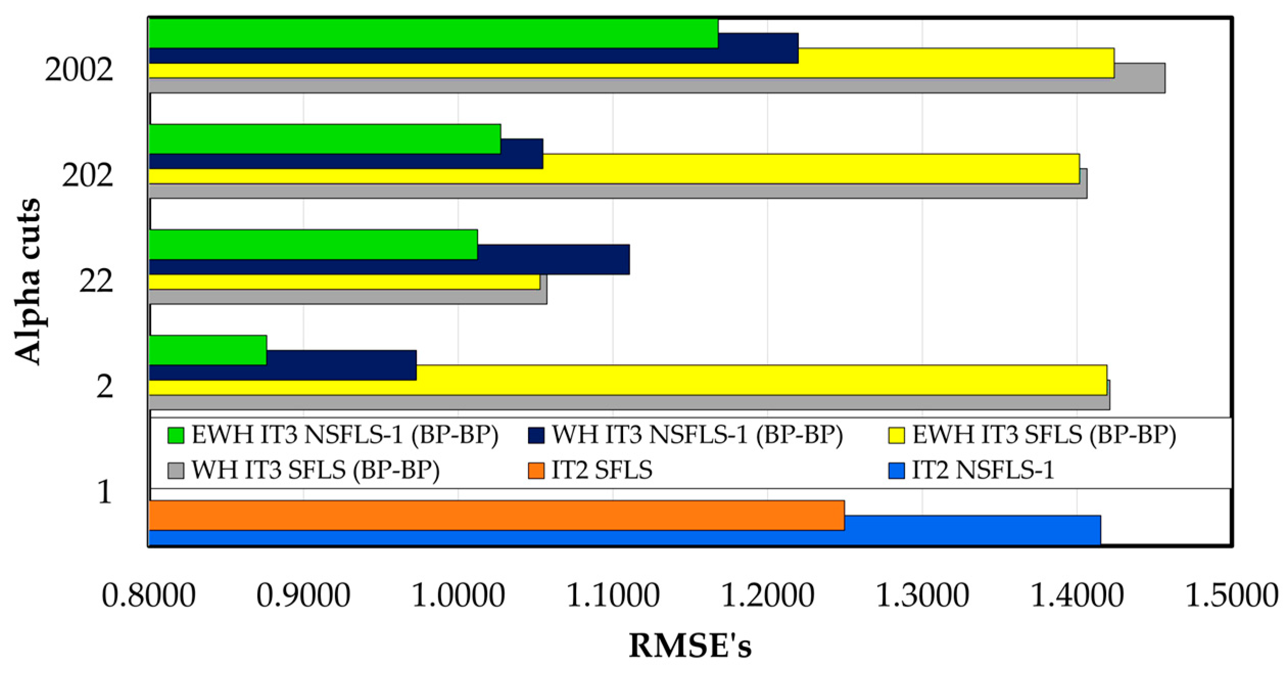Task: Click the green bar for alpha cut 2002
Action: click(x=433, y=33)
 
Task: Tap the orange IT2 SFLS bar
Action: click(x=495, y=515)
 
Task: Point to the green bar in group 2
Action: click(x=207, y=350)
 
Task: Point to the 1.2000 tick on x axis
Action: click(x=767, y=596)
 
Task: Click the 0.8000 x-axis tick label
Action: click(x=149, y=596)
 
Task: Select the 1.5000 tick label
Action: click(x=1231, y=596)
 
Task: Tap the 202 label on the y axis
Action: click(x=87, y=176)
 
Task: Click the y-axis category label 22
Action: click(x=96, y=281)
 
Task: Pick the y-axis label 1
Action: click(x=104, y=492)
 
